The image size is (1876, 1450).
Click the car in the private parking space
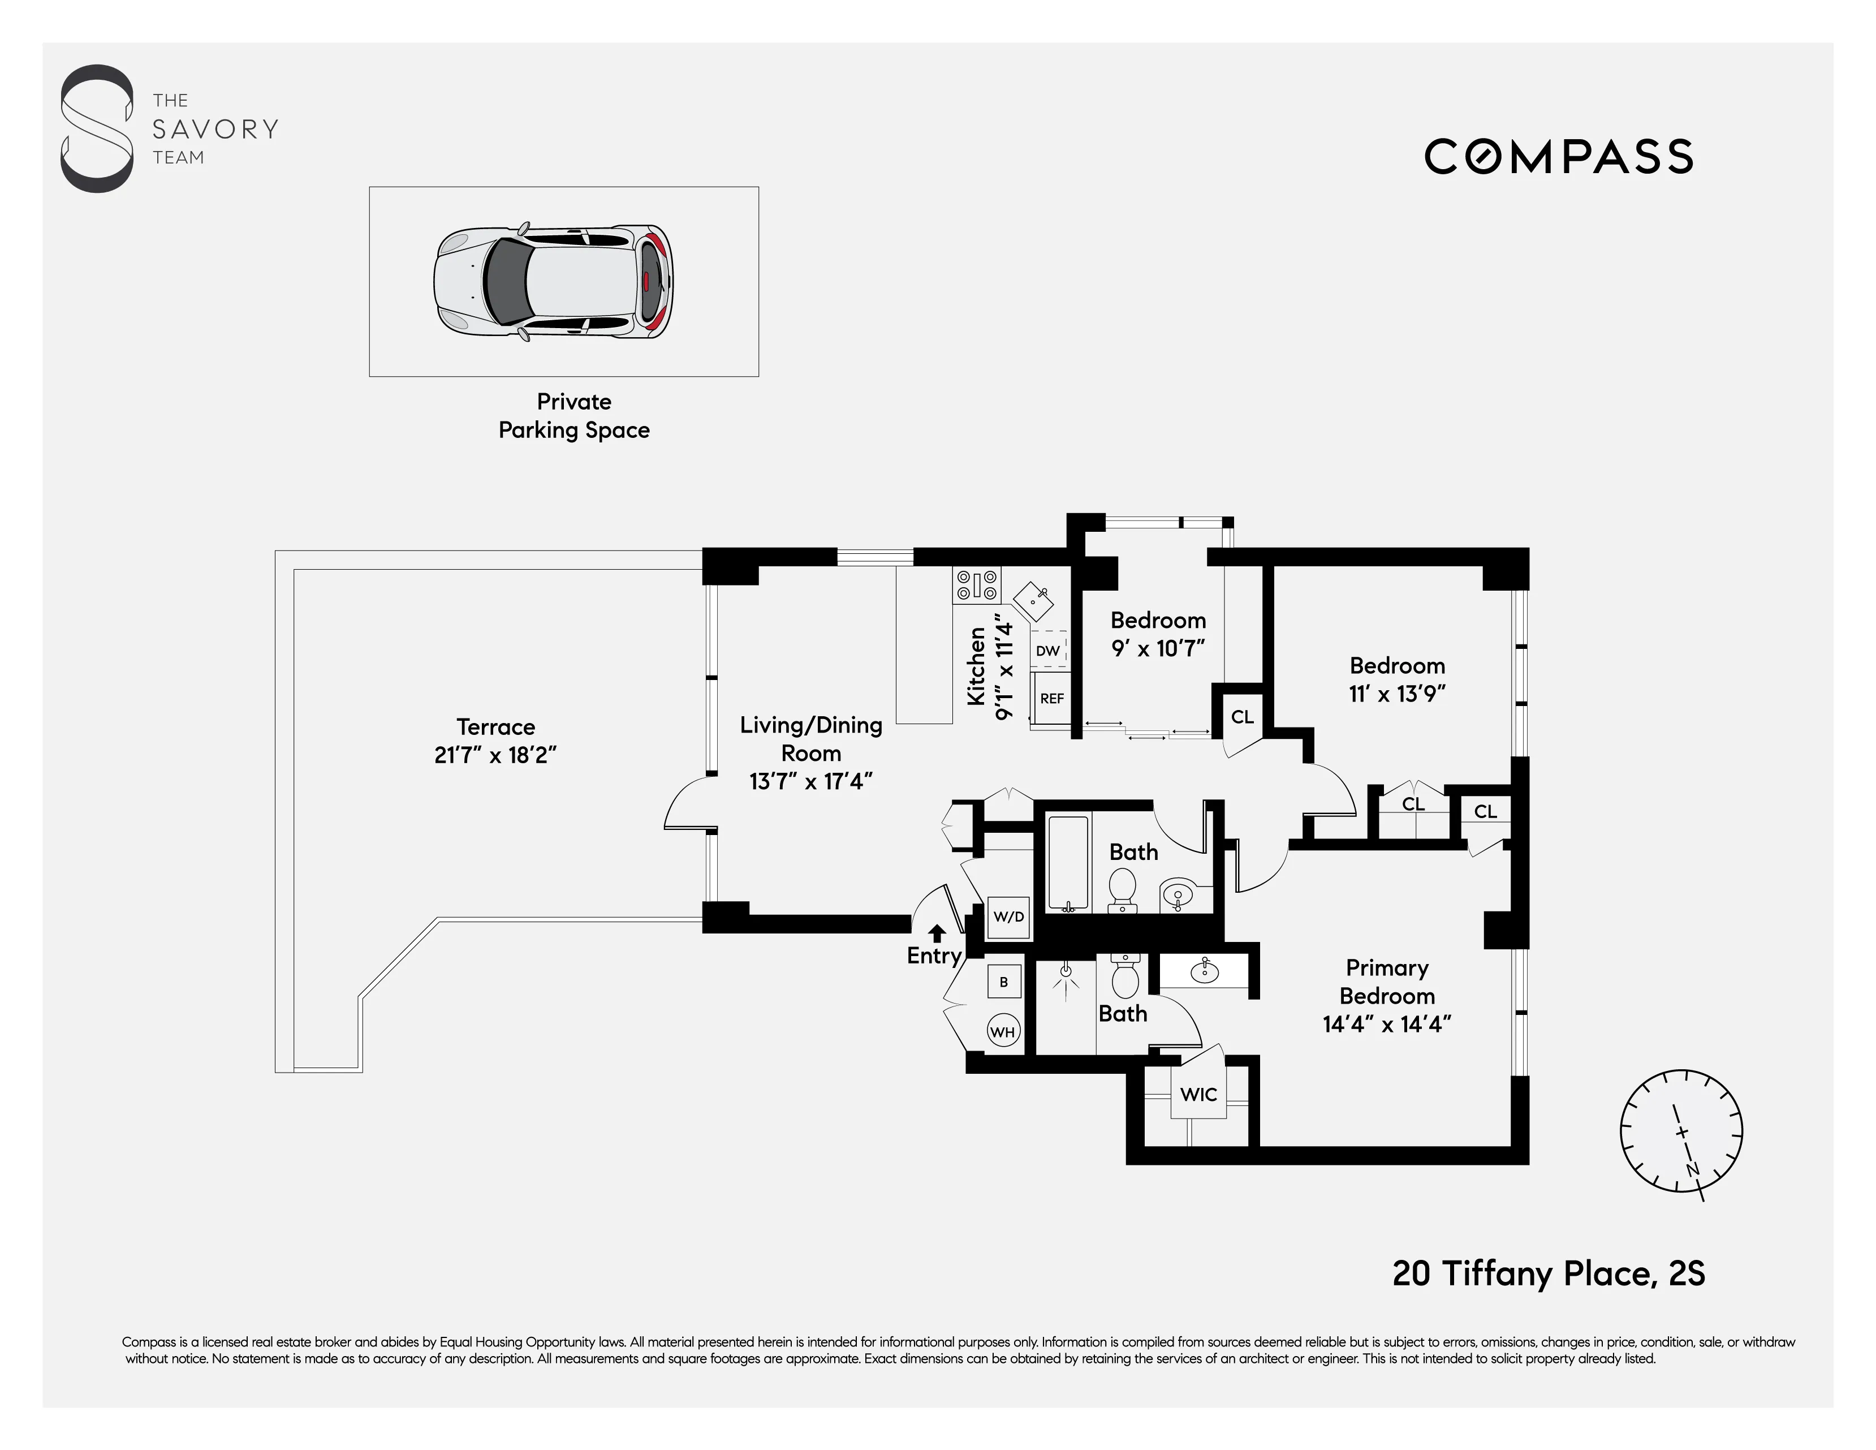tap(553, 281)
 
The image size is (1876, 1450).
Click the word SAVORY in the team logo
tap(215, 130)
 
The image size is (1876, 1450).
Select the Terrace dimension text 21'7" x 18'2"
tap(495, 755)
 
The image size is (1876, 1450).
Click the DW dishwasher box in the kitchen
tap(1048, 650)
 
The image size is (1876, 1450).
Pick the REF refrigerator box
tap(1051, 698)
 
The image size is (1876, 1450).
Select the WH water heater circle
tap(1002, 1032)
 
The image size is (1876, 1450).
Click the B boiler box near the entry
tap(1003, 982)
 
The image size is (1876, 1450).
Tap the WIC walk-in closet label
tap(1198, 1094)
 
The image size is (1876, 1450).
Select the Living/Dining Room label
tap(811, 739)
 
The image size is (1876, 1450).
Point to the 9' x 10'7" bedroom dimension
tap(1158, 648)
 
